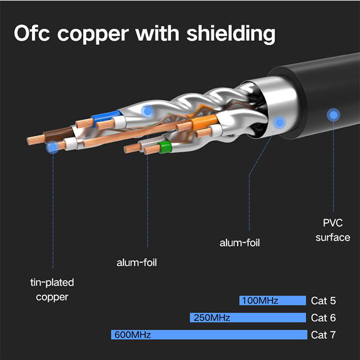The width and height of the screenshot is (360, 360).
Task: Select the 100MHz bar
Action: (x=272, y=301)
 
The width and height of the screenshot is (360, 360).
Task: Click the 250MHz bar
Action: (x=248, y=318)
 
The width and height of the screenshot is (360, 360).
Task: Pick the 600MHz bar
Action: (x=209, y=335)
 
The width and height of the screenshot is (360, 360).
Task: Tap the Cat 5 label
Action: (x=323, y=301)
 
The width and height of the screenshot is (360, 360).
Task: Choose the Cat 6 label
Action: (x=323, y=318)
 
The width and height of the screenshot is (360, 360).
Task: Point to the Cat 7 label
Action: (x=323, y=335)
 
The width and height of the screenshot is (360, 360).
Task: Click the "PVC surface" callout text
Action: (x=333, y=230)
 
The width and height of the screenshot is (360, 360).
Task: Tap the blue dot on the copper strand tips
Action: (x=53, y=147)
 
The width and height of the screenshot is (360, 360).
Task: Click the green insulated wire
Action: (x=164, y=147)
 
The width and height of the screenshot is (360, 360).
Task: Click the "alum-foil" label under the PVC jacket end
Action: (x=240, y=243)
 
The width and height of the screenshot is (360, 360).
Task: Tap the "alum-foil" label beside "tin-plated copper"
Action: (x=137, y=263)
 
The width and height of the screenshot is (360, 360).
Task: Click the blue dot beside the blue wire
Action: (x=147, y=111)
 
